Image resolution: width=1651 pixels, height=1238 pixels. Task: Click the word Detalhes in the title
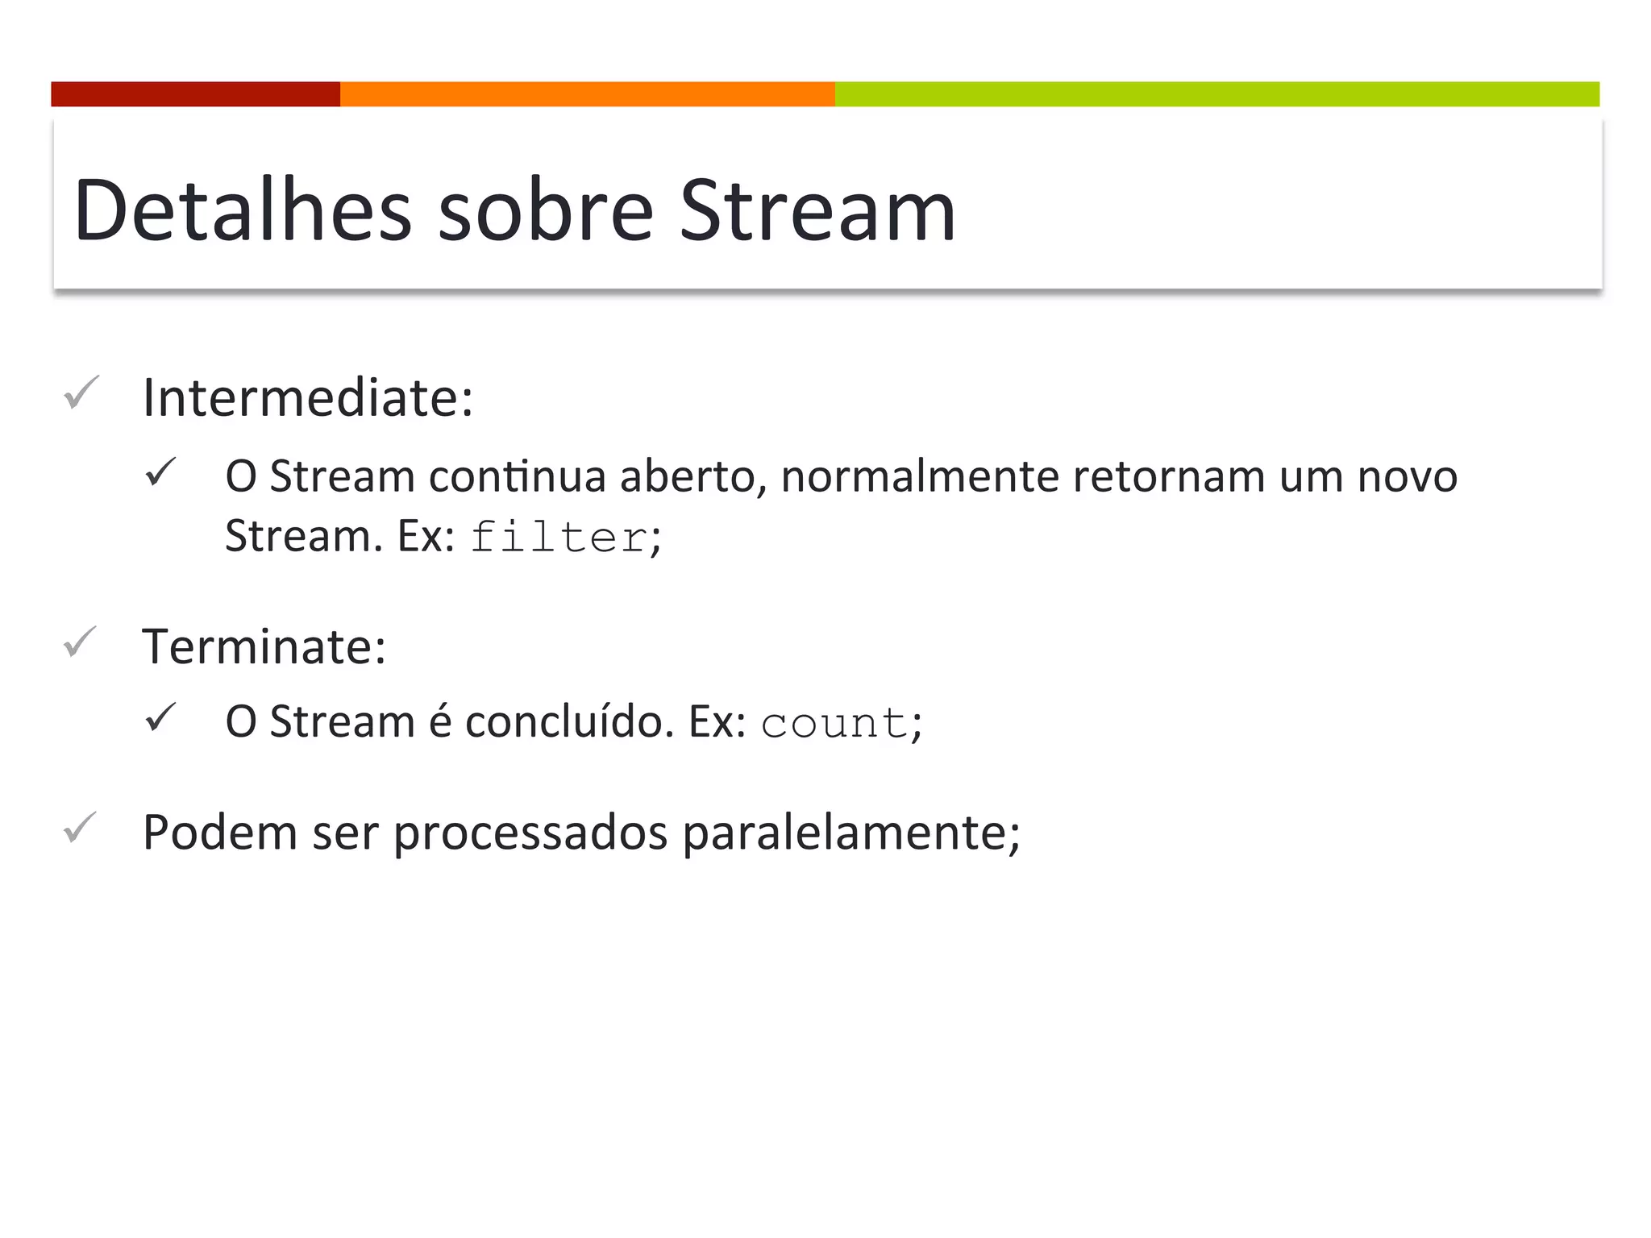point(242,211)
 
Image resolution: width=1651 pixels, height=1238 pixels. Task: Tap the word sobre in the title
point(545,211)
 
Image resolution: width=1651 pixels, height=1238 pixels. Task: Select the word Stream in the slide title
point(817,211)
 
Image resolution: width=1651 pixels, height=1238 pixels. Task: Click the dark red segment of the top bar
point(195,94)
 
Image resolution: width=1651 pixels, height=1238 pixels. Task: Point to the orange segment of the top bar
point(587,94)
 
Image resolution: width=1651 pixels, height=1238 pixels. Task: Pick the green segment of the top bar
point(1216,94)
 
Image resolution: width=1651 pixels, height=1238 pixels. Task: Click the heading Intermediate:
point(308,398)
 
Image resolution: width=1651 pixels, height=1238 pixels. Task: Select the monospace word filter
point(559,538)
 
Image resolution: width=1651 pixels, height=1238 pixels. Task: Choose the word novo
point(1408,476)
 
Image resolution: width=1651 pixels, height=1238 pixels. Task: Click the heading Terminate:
point(264,647)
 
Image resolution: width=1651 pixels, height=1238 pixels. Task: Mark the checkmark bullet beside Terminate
point(81,642)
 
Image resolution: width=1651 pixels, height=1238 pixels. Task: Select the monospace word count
point(834,723)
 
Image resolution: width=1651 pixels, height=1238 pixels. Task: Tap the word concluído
point(569,721)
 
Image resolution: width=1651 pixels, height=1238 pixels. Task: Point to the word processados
point(530,833)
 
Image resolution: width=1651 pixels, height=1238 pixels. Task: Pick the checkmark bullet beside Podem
point(81,828)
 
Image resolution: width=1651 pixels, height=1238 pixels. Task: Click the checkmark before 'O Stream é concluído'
point(160,717)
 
